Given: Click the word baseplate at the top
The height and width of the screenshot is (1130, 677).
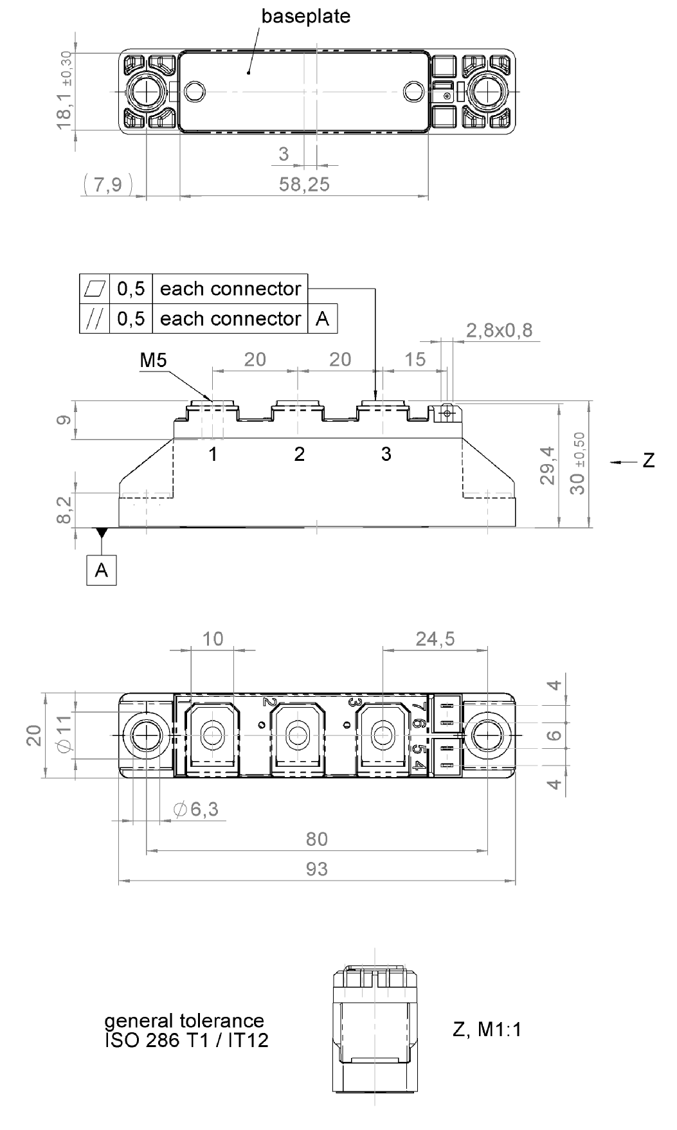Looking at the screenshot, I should pyautogui.click(x=305, y=16).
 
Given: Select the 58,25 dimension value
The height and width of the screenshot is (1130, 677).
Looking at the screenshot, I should pyautogui.click(x=304, y=184).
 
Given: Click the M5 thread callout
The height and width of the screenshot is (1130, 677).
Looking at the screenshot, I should pyautogui.click(x=153, y=361).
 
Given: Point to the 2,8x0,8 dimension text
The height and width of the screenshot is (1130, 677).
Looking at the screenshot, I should pyautogui.click(x=499, y=330).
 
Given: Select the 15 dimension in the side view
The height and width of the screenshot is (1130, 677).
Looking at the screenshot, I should pyautogui.click(x=415, y=359).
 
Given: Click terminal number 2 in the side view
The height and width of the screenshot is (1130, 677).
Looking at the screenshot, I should pyautogui.click(x=299, y=454).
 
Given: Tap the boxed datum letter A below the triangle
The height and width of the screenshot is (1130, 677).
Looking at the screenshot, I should pyautogui.click(x=102, y=569).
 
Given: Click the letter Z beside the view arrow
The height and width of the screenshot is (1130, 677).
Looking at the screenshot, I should pyautogui.click(x=648, y=461).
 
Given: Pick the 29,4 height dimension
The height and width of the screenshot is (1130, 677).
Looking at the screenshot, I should pyautogui.click(x=547, y=466).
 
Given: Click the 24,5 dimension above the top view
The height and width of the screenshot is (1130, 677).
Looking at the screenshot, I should pyautogui.click(x=435, y=638).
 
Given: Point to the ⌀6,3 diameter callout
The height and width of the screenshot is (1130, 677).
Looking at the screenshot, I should pyautogui.click(x=196, y=809).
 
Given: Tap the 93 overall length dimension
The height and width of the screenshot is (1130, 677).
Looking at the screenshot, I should pyautogui.click(x=316, y=869).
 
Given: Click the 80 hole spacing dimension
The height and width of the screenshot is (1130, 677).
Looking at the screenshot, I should pyautogui.click(x=316, y=839).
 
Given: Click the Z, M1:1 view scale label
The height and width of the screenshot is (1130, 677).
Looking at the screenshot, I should pyautogui.click(x=487, y=1029).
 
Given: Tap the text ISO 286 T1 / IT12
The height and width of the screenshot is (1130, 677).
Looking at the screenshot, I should pyautogui.click(x=186, y=1039).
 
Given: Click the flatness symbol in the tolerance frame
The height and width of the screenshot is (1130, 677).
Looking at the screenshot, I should pyautogui.click(x=95, y=289).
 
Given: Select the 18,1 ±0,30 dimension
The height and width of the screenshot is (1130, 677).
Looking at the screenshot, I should pyautogui.click(x=64, y=91).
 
